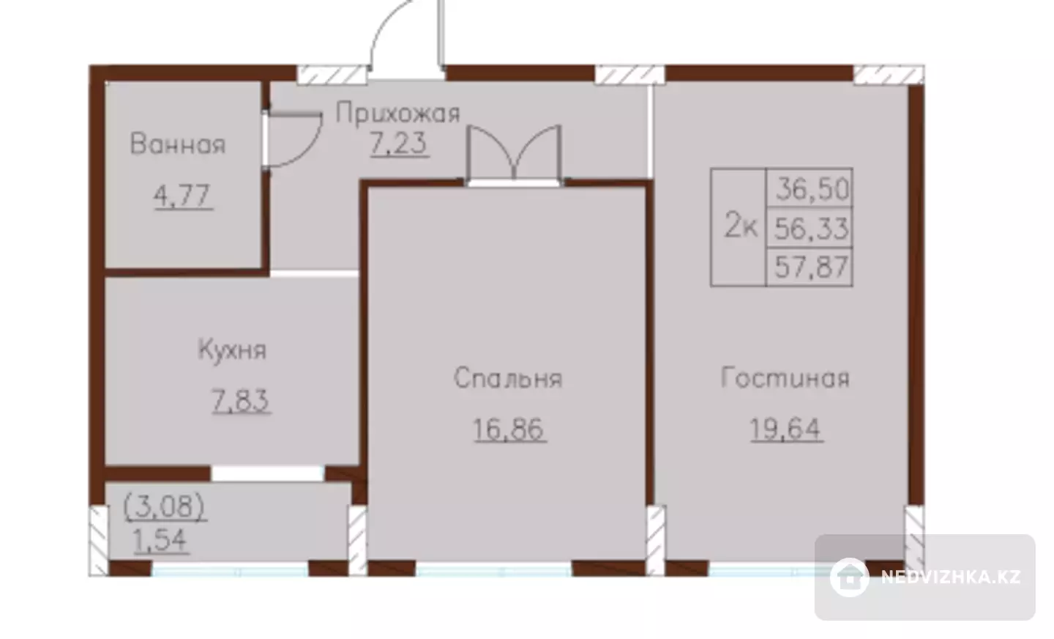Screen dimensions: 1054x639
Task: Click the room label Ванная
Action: [x=178, y=144]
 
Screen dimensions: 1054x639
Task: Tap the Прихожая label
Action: [x=398, y=114]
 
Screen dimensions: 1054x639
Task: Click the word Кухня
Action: [x=233, y=350]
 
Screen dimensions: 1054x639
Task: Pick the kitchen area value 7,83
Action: [x=240, y=400]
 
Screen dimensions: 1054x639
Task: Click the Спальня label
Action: [x=508, y=378]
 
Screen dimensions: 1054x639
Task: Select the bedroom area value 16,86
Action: [x=509, y=429]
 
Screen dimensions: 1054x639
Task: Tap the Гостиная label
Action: [x=785, y=377]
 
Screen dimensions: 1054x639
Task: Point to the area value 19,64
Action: [x=786, y=429]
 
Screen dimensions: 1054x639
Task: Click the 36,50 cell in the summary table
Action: [x=810, y=188]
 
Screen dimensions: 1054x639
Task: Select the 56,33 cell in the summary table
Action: [x=810, y=227]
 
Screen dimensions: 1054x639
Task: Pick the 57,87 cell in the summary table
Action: [x=810, y=267]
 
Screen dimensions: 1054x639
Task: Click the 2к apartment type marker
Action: [x=741, y=226]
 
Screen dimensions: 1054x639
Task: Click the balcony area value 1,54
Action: [x=161, y=541]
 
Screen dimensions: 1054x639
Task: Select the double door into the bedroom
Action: [x=514, y=153]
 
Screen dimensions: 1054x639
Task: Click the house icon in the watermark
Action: [x=849, y=577]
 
